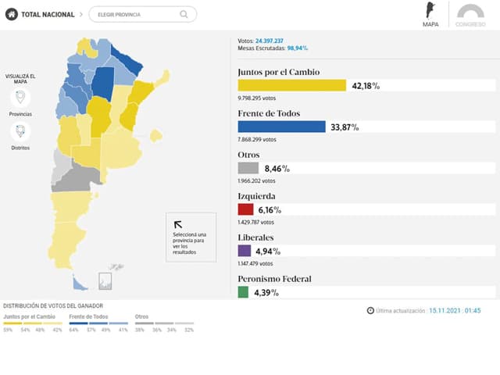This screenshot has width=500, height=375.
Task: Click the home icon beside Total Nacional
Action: [12, 14]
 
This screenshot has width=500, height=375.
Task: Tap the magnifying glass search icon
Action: [184, 14]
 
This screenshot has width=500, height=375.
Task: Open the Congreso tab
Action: [470, 16]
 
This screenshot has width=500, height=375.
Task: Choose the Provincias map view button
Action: [20, 98]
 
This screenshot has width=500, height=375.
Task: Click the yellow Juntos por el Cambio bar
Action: [291, 85]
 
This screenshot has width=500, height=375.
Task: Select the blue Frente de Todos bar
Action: [281, 127]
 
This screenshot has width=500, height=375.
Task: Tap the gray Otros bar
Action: [248, 168]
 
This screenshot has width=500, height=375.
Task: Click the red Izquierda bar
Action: [245, 209]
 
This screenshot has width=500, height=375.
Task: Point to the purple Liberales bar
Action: [245, 251]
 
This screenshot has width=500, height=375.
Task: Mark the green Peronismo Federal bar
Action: [243, 292]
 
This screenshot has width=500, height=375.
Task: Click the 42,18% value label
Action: [366, 85]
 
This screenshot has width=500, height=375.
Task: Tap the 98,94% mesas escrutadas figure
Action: [298, 48]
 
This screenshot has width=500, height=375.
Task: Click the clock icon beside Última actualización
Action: [370, 310]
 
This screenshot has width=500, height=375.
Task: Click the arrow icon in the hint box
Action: [177, 224]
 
